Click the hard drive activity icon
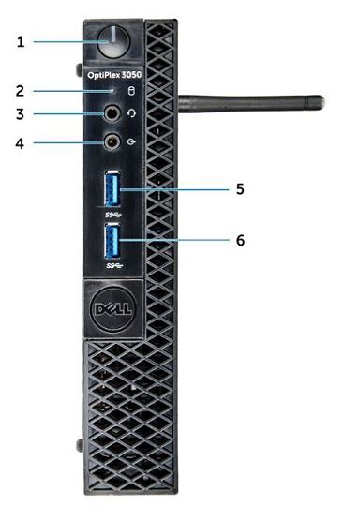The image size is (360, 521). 132,92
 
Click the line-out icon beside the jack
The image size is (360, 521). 132,143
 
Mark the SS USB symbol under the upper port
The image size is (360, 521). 114,216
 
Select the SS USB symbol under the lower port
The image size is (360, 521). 114,265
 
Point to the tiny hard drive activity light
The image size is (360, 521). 113,92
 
